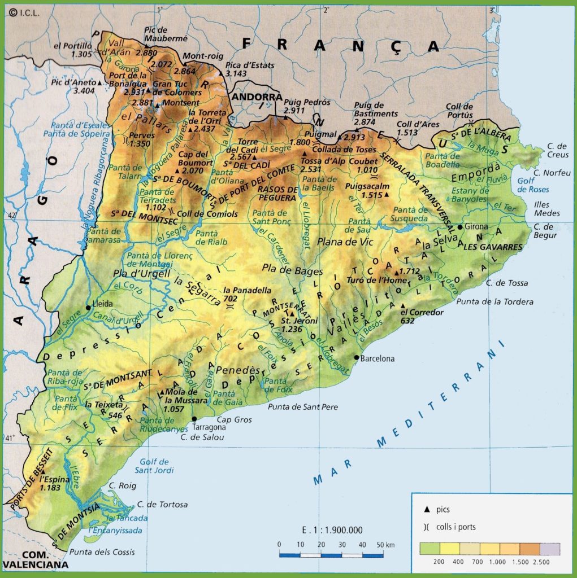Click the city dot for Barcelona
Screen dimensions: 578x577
[x=356, y=357]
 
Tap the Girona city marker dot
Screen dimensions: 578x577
[x=461, y=227]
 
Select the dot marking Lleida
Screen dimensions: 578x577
[x=88, y=308]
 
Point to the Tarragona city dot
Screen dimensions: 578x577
[x=194, y=419]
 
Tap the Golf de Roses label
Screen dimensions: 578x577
[x=530, y=186]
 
